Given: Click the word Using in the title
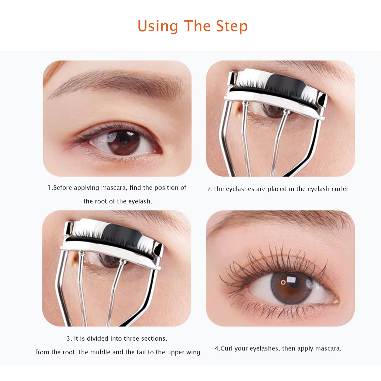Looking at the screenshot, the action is [158, 27].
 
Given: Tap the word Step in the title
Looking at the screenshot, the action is [232, 27].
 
